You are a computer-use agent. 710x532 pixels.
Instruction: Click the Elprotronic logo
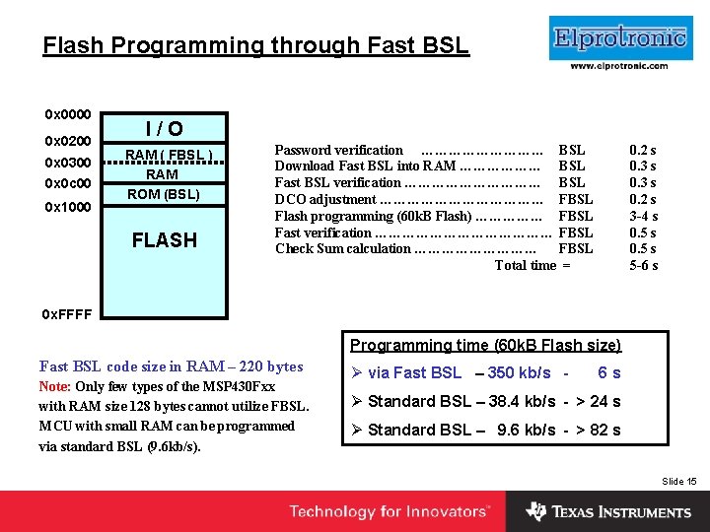618,39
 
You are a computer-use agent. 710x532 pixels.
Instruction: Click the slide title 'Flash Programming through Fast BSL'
255,45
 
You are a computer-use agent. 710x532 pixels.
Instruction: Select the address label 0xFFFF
67,314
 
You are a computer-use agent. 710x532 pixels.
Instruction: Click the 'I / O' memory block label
164,129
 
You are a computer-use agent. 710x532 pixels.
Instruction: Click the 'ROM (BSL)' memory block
164,194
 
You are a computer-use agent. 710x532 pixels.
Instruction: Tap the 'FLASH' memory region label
164,239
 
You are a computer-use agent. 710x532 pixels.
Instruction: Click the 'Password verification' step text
338,150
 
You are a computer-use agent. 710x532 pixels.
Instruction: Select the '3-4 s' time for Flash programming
643,216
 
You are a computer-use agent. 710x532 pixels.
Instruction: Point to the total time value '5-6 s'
643,265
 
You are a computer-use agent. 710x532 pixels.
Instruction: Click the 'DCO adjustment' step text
324,199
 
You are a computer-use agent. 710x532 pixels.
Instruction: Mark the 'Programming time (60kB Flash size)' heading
485,345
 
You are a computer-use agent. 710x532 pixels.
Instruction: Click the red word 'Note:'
54,387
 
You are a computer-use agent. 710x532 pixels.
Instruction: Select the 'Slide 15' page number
678,481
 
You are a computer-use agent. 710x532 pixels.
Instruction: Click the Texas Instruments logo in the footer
607,512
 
